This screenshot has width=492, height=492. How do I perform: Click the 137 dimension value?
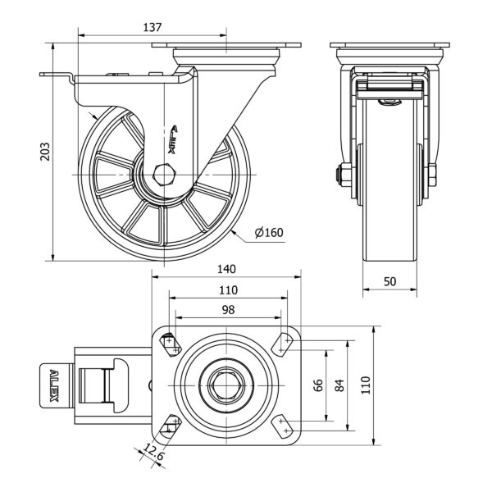(152, 27)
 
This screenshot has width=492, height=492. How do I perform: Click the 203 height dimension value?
(47, 153)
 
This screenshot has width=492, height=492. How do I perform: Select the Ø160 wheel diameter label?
(269, 233)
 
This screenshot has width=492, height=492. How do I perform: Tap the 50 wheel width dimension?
(390, 281)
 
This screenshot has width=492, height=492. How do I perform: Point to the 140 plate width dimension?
(227, 269)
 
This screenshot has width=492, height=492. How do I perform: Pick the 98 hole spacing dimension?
(227, 310)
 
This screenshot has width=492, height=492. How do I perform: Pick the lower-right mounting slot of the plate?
(284, 426)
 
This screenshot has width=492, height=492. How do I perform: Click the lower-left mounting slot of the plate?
(171, 426)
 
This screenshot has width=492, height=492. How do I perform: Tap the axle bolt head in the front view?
(339, 174)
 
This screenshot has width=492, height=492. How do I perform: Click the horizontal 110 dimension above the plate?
(227, 289)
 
